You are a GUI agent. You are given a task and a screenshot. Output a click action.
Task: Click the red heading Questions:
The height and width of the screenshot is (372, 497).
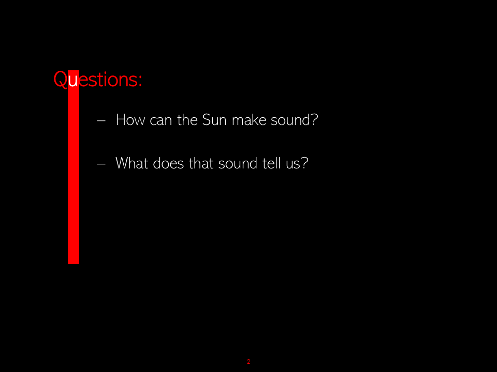coord(98,79)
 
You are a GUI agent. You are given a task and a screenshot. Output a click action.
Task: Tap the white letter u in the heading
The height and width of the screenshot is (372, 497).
coord(73,81)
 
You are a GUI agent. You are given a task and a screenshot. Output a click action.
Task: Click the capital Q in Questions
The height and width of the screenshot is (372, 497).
coord(60,79)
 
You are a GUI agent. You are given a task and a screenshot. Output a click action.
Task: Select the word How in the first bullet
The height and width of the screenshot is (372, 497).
coord(130,120)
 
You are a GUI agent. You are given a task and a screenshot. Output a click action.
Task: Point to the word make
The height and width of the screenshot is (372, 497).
coord(249,120)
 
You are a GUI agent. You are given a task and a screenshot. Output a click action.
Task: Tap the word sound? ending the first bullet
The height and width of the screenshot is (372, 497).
coord(294,120)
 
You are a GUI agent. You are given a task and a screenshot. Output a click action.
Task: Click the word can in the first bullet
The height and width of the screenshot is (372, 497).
coord(160,120)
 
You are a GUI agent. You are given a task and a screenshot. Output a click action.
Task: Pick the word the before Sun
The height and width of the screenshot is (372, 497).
coord(187,120)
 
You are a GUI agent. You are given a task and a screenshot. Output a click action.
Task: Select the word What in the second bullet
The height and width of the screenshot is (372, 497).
coord(132,163)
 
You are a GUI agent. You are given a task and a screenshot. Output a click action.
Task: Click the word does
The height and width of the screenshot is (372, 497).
coord(168,163)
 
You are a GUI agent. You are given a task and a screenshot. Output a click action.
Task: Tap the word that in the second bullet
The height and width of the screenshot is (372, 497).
coord(201,163)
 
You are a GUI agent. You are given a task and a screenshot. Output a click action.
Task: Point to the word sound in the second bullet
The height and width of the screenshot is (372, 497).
coord(238,163)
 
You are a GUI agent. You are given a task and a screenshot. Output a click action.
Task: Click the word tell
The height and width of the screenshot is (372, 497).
coord(271,163)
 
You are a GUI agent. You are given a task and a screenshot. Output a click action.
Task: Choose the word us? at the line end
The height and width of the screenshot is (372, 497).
coord(297,164)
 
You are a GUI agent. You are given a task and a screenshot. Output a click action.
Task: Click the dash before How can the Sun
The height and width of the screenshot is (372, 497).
coord(101,120)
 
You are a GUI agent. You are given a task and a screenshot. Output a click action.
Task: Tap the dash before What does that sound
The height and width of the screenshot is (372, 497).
coord(101,164)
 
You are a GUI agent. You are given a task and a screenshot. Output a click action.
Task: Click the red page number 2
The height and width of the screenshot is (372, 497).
coord(248,361)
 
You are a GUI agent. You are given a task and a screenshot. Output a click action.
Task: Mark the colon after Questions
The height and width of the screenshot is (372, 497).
coord(140,81)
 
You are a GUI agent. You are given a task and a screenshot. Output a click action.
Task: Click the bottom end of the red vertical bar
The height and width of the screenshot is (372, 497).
coord(74,263)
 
